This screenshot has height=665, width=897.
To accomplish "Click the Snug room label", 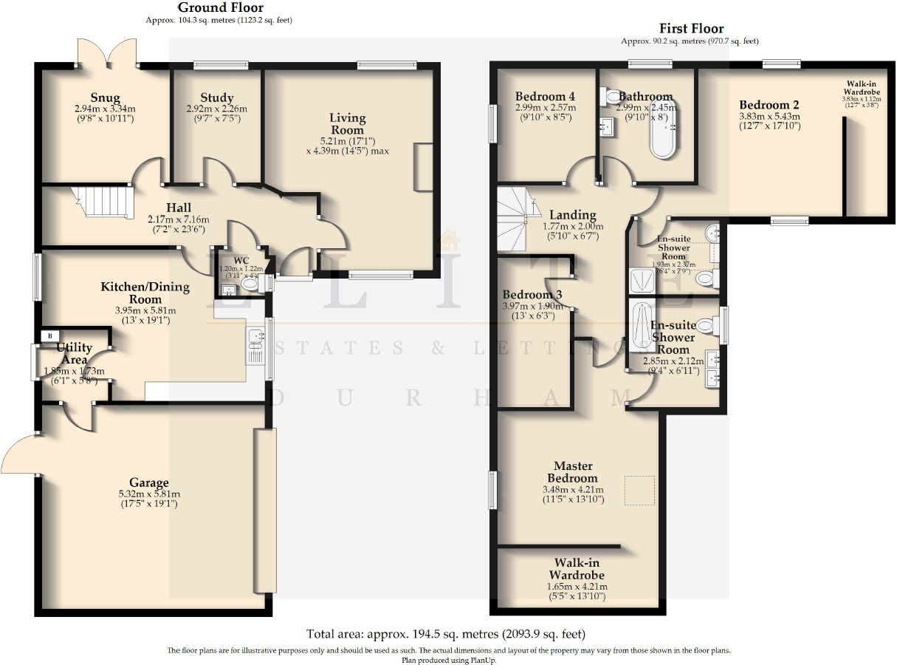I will click(106, 98).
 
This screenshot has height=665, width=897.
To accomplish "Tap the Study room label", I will click(216, 98).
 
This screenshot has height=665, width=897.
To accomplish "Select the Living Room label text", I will click(347, 124).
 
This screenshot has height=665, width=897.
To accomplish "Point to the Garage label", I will click(149, 483).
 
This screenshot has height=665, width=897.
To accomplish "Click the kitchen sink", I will click(257, 337).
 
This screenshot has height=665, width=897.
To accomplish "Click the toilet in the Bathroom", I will click(611, 96).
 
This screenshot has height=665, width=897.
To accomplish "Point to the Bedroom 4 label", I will click(545, 97).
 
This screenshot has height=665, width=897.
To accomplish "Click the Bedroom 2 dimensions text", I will click(769, 120).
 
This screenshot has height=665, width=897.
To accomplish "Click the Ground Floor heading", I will click(220, 8).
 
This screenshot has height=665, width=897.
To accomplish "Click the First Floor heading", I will click(691, 29).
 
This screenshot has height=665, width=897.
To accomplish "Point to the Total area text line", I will click(445, 634).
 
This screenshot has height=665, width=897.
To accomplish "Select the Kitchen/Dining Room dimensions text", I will click(145, 316).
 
